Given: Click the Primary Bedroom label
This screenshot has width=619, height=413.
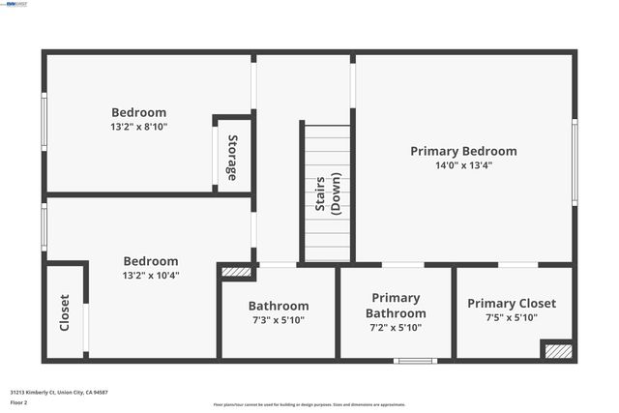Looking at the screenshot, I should [463, 151].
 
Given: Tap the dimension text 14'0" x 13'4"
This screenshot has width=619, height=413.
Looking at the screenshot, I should [463, 165].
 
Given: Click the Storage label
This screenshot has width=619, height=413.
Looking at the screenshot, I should [232, 158].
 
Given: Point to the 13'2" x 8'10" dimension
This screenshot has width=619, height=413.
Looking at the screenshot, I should [138, 127].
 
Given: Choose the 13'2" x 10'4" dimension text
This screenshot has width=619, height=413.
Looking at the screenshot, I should [150, 276].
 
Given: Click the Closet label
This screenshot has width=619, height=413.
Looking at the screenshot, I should [65, 312].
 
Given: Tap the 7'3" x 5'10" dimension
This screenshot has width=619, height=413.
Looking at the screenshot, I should [279, 320].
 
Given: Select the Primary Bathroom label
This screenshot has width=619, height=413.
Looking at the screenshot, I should [395, 306].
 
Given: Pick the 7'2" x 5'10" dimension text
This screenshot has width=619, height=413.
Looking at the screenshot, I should [395, 329].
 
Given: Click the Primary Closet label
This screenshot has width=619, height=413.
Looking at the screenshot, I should [512, 304].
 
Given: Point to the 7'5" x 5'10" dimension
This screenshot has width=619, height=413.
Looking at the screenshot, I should [512, 318].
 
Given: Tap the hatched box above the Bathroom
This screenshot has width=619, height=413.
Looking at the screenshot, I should [236, 273].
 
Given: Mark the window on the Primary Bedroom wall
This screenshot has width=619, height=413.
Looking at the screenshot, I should [575, 162].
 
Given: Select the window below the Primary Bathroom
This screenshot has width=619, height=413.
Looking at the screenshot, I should [415, 361].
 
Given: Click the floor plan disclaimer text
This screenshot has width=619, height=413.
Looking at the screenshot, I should [309, 404].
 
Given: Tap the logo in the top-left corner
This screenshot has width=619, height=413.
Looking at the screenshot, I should [16, 4].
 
